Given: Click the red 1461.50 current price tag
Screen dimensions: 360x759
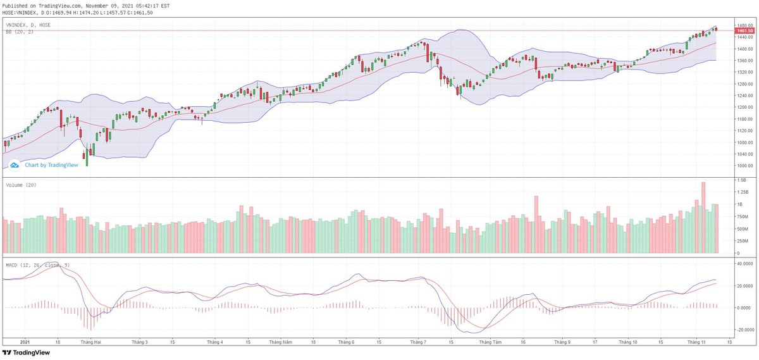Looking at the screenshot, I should tap(744, 30).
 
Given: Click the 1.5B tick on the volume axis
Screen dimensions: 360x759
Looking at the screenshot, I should tap(740, 180).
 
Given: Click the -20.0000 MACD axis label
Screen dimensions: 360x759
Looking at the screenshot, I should tap(743, 330).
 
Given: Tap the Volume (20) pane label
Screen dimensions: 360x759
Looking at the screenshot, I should tap(21, 185).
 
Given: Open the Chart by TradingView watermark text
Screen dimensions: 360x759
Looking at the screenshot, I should tap(51, 165).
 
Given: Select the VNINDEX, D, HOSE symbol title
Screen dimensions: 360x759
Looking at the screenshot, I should tap(28, 25).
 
